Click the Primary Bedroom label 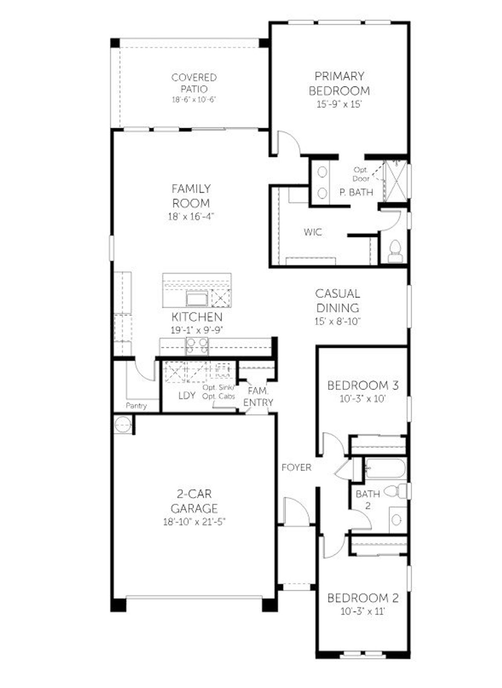pyautogui.click(x=339, y=83)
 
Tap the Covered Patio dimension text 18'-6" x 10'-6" pyautogui.click(x=194, y=100)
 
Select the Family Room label pyautogui.click(x=191, y=196)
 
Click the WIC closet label pyautogui.click(x=313, y=232)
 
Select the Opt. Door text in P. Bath pyautogui.click(x=361, y=174)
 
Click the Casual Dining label pyautogui.click(x=338, y=300)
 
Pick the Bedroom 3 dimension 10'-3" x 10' pyautogui.click(x=363, y=399)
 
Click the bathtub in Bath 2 pyautogui.click(x=385, y=468)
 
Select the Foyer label pyautogui.click(x=296, y=468)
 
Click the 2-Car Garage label pyautogui.click(x=194, y=501)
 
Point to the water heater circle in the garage pyautogui.click(x=123, y=425)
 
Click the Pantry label pyautogui.click(x=136, y=406)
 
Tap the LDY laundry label pyautogui.click(x=187, y=395)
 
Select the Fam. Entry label pyautogui.click(x=258, y=397)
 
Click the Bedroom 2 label pyautogui.click(x=363, y=598)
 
